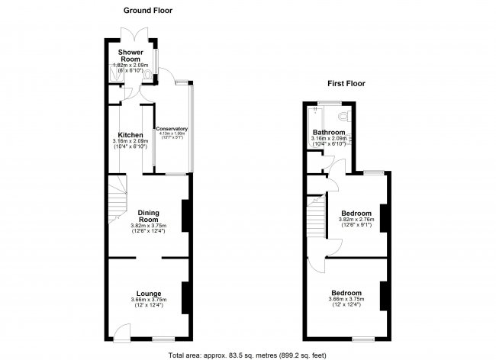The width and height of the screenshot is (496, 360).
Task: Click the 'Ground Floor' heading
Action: [148, 11]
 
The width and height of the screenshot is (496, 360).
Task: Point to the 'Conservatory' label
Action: [172, 128]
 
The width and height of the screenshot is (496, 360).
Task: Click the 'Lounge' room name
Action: [149, 293]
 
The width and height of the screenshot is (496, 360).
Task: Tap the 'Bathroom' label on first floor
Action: [329, 132]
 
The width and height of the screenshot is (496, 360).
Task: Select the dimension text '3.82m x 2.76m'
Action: [356, 220]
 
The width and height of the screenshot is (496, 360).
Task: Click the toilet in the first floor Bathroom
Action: [346, 117]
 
